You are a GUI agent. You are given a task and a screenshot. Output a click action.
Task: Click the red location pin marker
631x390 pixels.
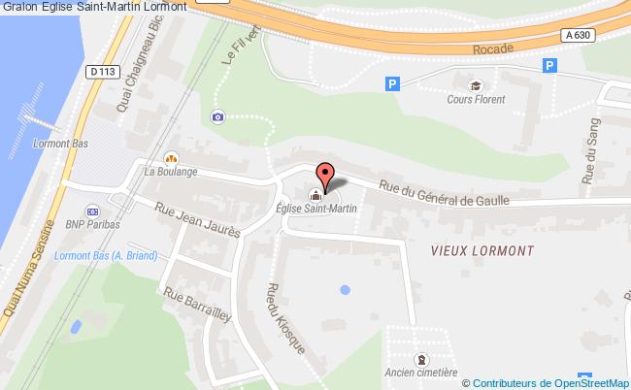[x=326, y=175]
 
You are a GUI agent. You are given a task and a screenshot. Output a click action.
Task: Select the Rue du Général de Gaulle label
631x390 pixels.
[x=444, y=197]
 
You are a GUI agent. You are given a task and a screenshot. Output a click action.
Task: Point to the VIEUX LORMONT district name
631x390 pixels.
[x=482, y=249]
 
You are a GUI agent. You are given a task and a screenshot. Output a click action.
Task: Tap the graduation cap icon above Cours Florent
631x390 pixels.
[x=475, y=84]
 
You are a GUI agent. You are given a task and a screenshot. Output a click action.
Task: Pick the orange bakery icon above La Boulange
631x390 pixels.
[x=171, y=157]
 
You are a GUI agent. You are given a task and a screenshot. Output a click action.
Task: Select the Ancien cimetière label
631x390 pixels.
[x=420, y=373]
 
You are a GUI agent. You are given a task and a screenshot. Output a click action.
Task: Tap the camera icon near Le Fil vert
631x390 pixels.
[x=216, y=116]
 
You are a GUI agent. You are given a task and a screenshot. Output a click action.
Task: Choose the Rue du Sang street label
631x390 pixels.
[x=591, y=151]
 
